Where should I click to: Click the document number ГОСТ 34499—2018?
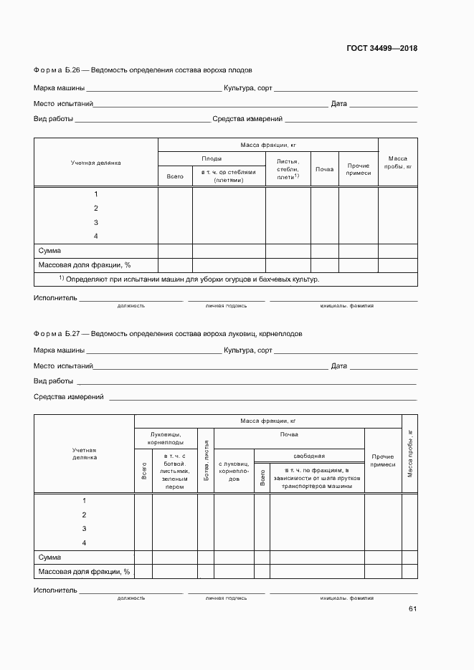click(x=382, y=49)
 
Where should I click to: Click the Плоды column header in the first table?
click(x=212, y=158)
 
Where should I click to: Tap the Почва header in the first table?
click(x=324, y=169)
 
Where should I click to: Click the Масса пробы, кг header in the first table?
click(x=397, y=162)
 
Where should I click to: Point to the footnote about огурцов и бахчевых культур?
click(x=189, y=279)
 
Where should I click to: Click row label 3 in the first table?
click(x=95, y=222)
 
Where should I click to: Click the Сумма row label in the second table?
click(x=50, y=557)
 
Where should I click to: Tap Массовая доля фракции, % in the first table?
click(x=85, y=264)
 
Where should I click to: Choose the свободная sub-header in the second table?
click(x=309, y=456)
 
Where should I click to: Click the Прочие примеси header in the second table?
click(x=382, y=460)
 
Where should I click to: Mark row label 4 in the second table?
click(x=84, y=542)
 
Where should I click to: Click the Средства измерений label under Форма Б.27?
click(x=69, y=396)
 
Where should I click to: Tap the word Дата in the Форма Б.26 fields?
click(x=338, y=104)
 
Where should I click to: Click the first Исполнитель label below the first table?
click(x=54, y=297)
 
